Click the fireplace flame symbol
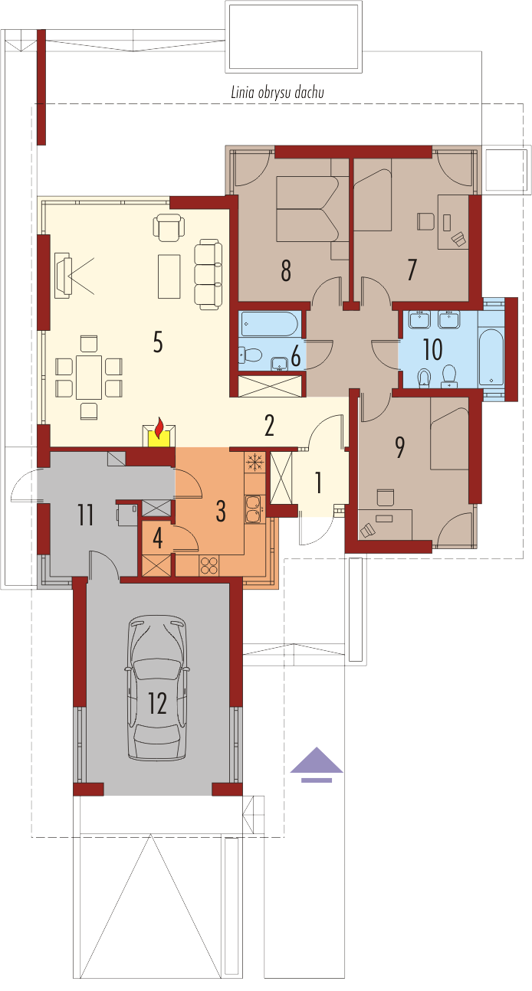click(x=159, y=427)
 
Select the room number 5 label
click(x=158, y=342)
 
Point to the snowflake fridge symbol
click(x=255, y=462)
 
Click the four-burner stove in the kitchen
click(x=209, y=565)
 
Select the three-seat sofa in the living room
click(x=208, y=274)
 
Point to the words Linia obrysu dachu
click(x=277, y=93)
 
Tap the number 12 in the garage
click(x=157, y=704)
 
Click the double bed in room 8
click(x=308, y=209)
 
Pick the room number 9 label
click(x=399, y=448)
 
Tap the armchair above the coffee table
click(x=169, y=227)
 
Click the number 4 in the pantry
click(x=158, y=538)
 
